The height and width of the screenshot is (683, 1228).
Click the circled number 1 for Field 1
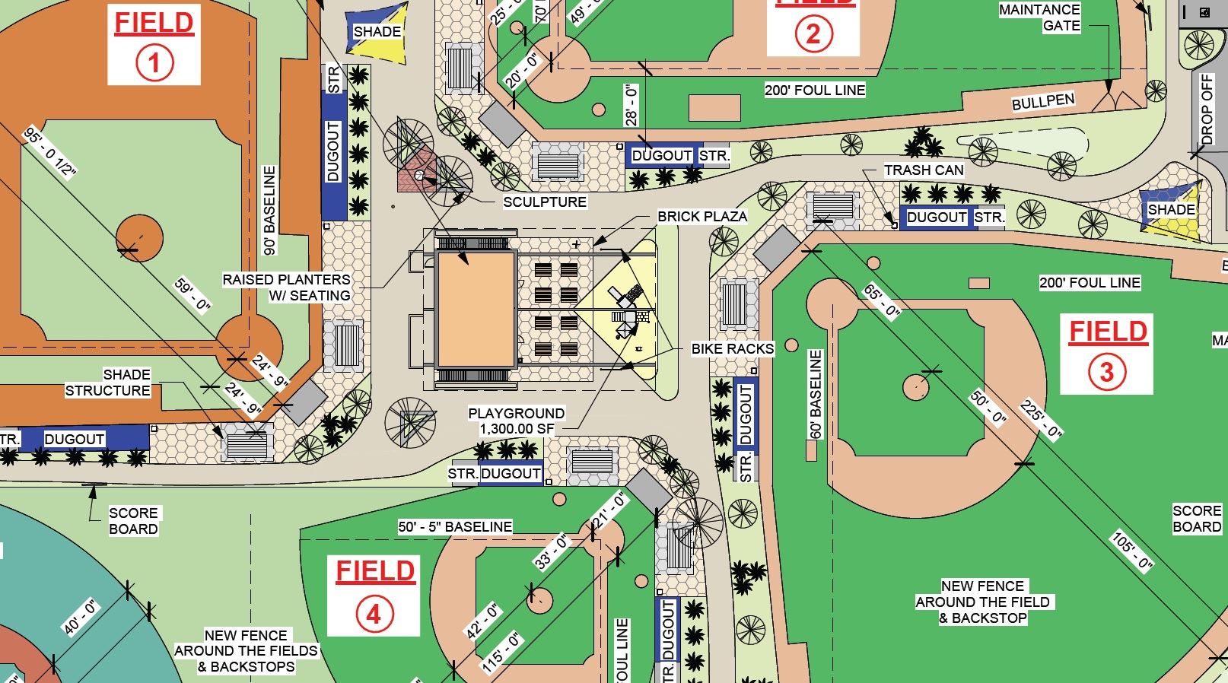pyautogui.click(x=154, y=62)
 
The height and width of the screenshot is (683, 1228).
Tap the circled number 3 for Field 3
pyautogui.click(x=1106, y=372)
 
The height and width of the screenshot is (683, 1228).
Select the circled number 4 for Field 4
pyautogui.click(x=374, y=615)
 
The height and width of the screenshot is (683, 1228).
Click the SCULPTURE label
pyautogui.click(x=545, y=202)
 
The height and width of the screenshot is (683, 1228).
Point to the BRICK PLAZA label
pyautogui.click(x=702, y=216)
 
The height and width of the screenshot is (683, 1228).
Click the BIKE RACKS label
pyautogui.click(x=732, y=348)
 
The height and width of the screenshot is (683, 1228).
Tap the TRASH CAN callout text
pyautogui.click(x=923, y=170)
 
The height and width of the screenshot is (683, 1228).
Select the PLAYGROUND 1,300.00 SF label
pyautogui.click(x=516, y=421)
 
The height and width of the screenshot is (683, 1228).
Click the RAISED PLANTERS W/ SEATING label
pyautogui.click(x=287, y=287)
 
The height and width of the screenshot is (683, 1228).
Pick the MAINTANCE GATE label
pyautogui.click(x=1039, y=17)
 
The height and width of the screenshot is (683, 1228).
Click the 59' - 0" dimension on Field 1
pyautogui.click(x=192, y=294)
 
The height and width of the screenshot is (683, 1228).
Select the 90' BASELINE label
pyautogui.click(x=269, y=210)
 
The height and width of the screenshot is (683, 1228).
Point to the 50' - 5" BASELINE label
pyautogui.click(x=455, y=526)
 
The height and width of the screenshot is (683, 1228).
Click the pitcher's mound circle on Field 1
pyautogui.click(x=139, y=238)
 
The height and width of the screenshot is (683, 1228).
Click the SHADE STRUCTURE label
pyautogui.click(x=108, y=383)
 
